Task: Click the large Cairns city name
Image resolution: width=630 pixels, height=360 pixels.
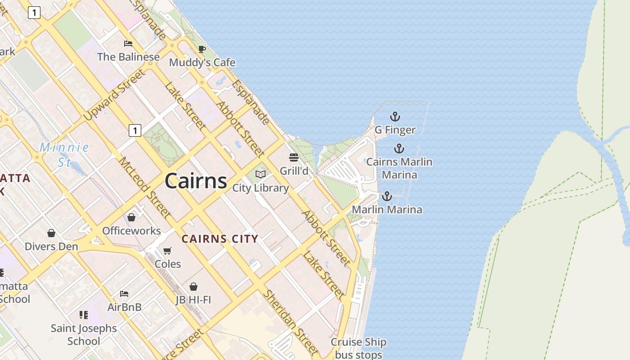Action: click(196, 181)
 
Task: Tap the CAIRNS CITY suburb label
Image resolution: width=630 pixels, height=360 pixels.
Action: click(220, 239)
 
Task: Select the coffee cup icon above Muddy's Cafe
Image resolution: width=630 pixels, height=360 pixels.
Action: click(202, 49)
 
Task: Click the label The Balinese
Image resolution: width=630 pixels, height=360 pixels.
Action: click(129, 57)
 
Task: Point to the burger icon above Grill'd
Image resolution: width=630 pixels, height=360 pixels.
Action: click(294, 157)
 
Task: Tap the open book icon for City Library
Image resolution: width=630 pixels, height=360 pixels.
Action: click(261, 174)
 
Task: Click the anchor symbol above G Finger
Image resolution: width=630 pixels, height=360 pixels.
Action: click(395, 117)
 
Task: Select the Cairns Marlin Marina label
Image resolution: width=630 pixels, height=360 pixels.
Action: click(399, 168)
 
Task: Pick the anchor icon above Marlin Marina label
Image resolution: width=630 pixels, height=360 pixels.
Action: click(387, 196)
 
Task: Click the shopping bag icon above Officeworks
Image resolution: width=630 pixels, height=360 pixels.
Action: click(131, 217)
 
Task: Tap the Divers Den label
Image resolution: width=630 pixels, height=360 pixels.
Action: click(51, 246)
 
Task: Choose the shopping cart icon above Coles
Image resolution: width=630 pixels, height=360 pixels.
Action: click(167, 251)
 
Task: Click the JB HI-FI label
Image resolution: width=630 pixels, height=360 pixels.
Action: click(193, 299)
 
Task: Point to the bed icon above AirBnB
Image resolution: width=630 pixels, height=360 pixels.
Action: click(124, 294)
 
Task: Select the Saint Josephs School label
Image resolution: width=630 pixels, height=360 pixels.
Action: click(84, 334)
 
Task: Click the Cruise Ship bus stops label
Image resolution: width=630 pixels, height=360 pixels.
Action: click(359, 348)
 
